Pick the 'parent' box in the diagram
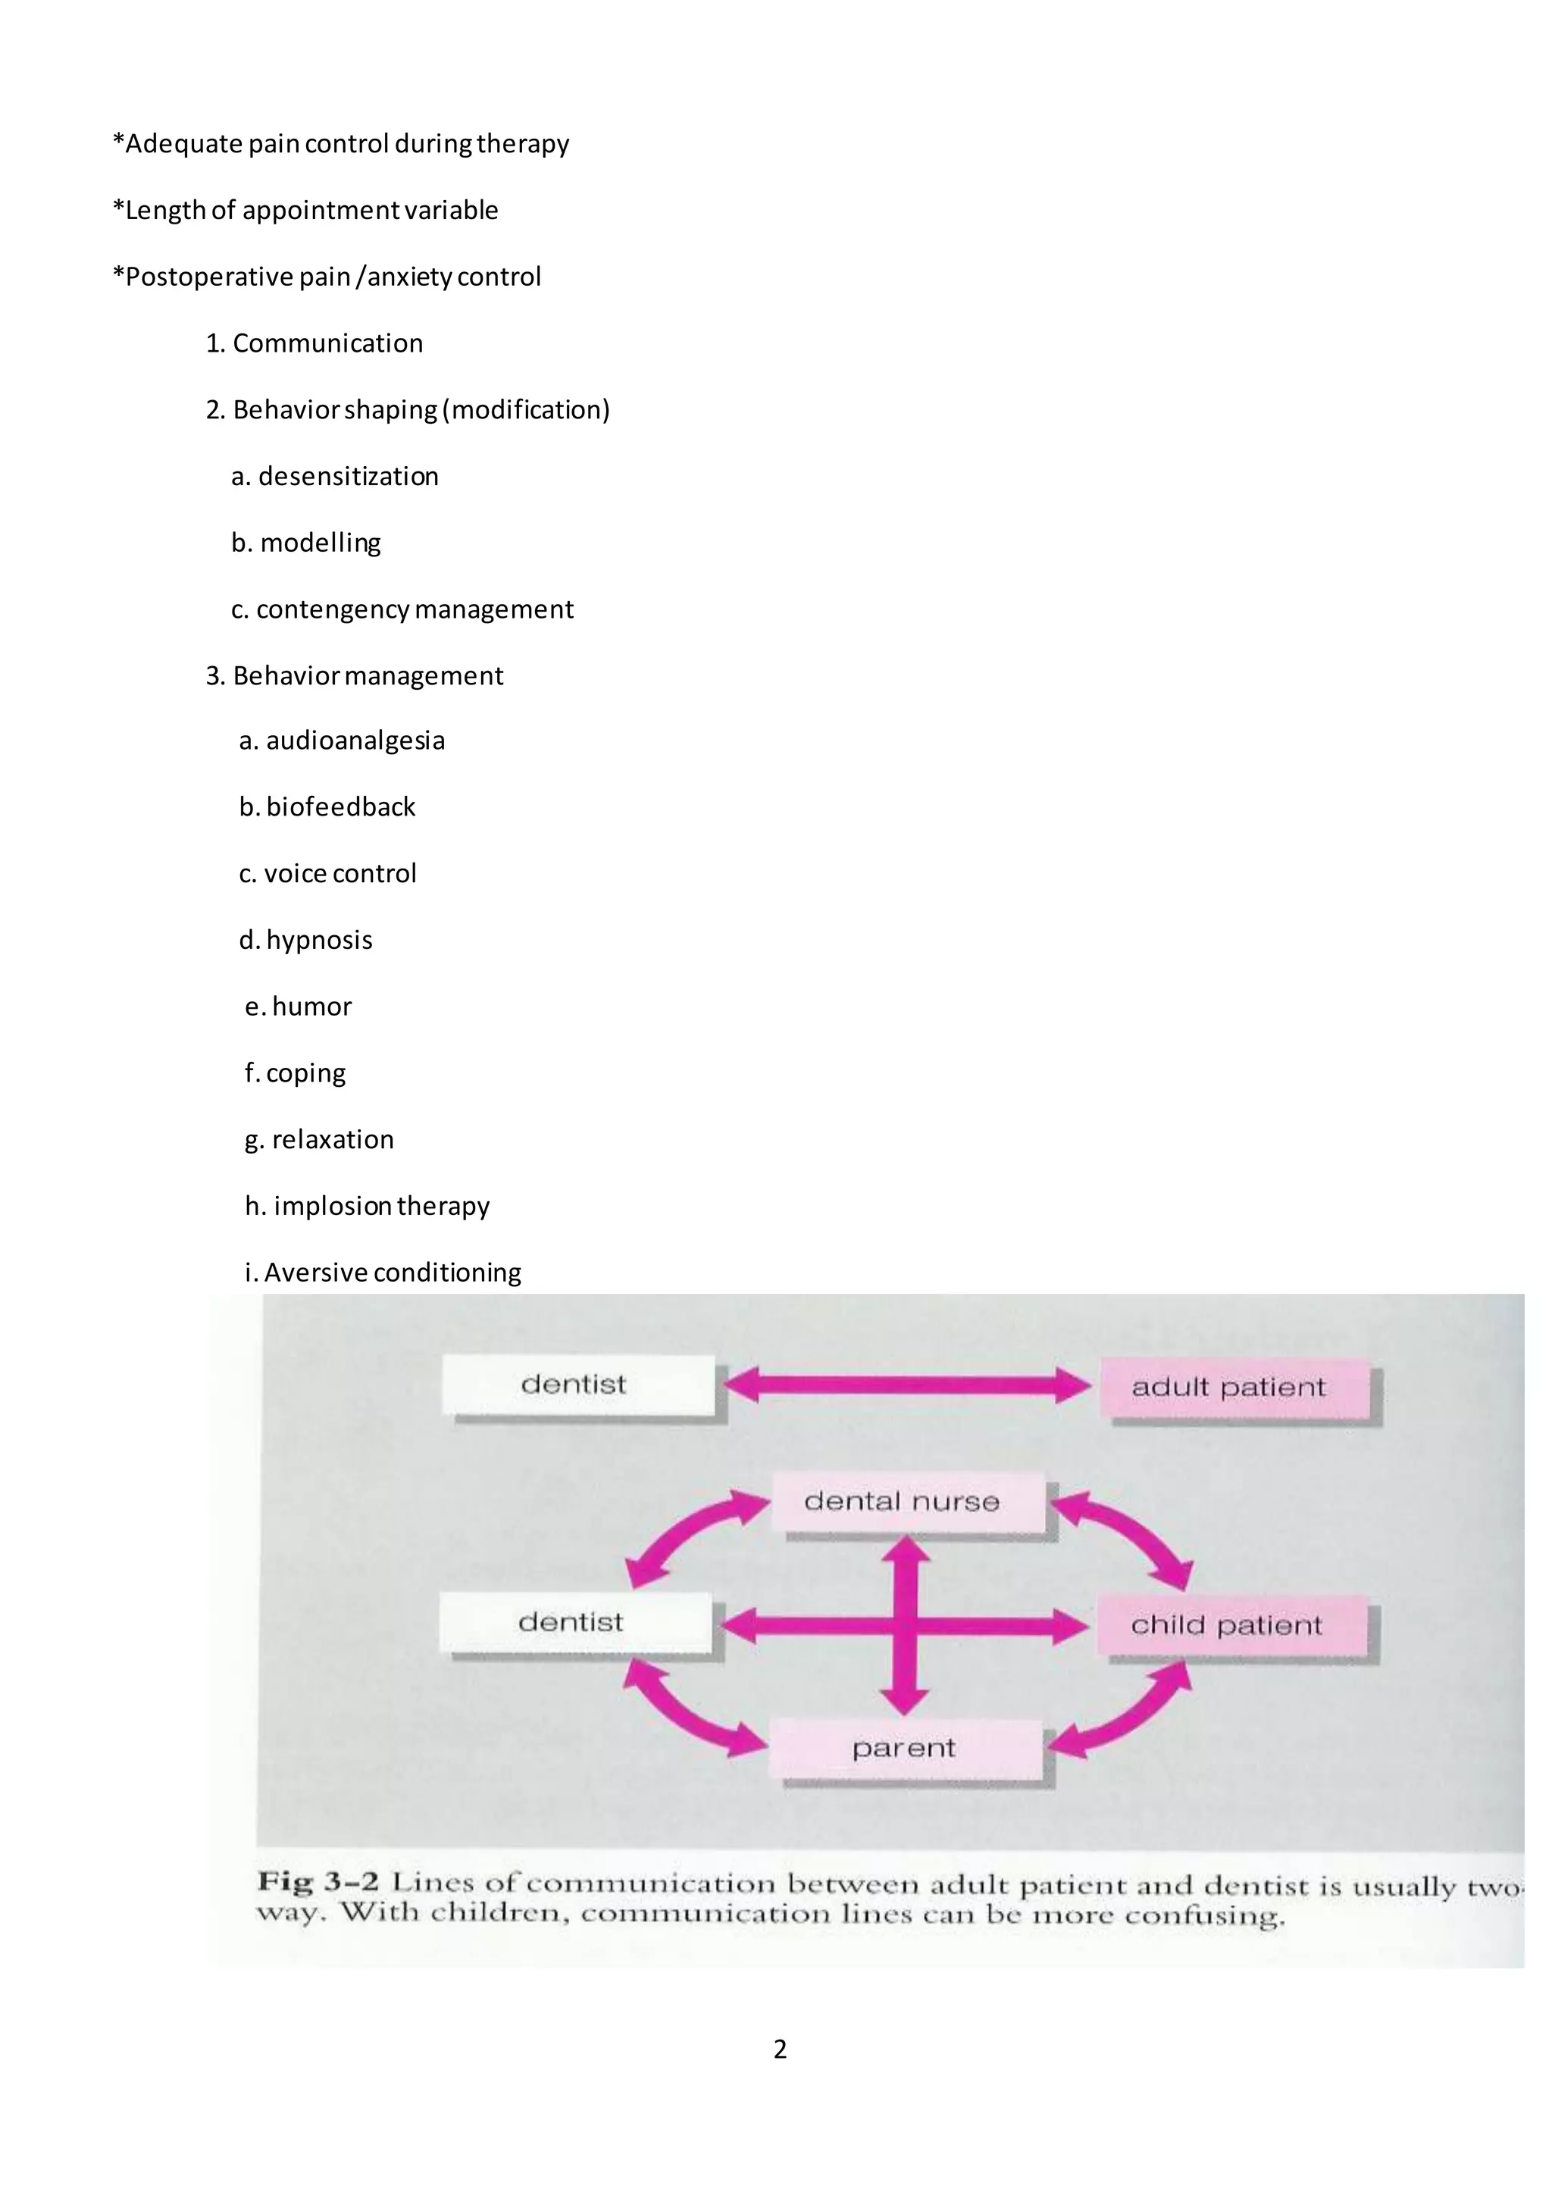(x=904, y=1748)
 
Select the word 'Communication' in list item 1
(x=328, y=343)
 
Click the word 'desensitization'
(x=348, y=476)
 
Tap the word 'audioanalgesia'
(x=355, y=741)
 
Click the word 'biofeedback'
(x=340, y=807)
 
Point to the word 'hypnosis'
(x=319, y=940)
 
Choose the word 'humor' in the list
(x=311, y=1007)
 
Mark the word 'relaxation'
(x=333, y=1139)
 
